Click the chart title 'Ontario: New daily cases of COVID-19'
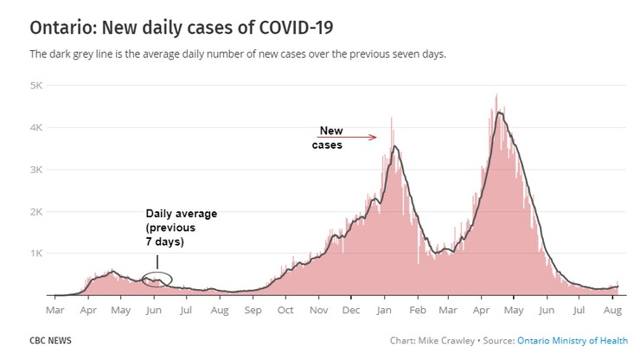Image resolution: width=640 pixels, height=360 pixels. point(182,27)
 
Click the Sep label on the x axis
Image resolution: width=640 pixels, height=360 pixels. point(253,309)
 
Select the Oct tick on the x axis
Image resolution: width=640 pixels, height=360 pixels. point(285,309)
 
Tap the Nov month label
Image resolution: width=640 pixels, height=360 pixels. point(318,309)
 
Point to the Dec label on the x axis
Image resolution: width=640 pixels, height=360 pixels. point(351,309)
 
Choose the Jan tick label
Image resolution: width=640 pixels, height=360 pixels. point(385,309)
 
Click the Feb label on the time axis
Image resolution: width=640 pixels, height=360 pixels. point(418,309)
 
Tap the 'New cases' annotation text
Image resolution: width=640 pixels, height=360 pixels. point(329,138)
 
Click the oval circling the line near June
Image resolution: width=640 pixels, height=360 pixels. point(157,279)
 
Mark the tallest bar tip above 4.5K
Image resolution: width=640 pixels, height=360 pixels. point(496,95)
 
